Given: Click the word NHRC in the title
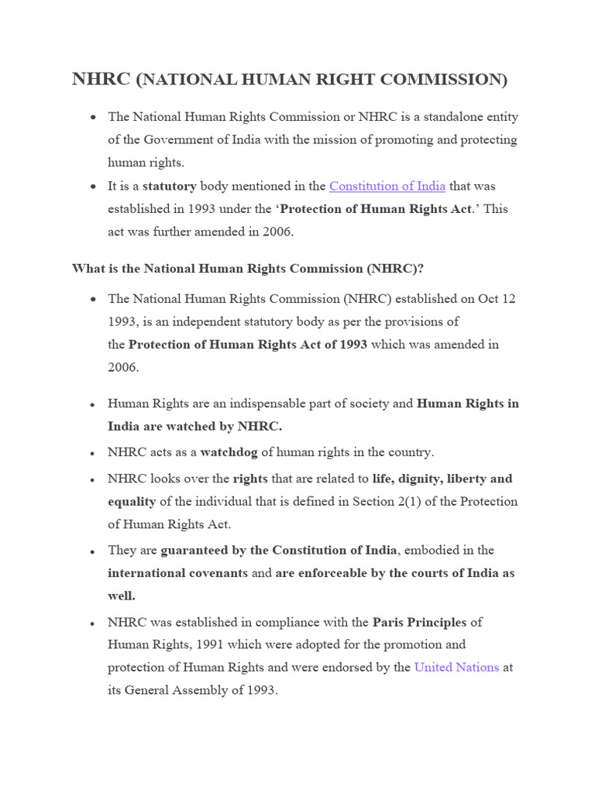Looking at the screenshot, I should click(x=101, y=80).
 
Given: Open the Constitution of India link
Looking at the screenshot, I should click(x=387, y=186).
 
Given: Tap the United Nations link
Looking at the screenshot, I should click(x=456, y=667).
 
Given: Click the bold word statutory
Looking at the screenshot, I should click(x=170, y=186).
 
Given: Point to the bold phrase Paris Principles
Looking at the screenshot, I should click(x=419, y=622).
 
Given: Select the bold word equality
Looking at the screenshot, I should click(x=132, y=501).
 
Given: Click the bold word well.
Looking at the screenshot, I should click(x=122, y=596).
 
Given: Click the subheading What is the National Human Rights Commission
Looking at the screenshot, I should click(x=247, y=269).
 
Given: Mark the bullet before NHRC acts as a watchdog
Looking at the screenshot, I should click(x=92, y=453).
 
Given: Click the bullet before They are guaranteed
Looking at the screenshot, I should click(x=92, y=551).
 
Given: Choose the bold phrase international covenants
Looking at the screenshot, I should click(x=177, y=573).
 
